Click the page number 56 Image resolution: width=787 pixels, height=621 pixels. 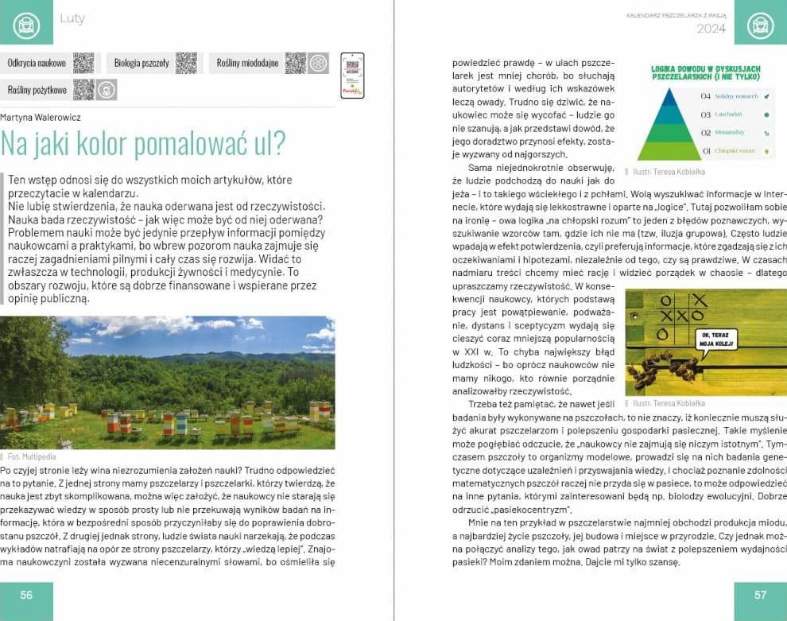(26, 595)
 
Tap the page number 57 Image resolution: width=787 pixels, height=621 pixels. (760, 595)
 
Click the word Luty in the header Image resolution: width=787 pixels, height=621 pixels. (72, 18)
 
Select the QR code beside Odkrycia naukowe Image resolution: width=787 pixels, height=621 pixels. (83, 63)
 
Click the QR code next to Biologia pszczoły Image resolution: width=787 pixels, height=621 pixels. (186, 63)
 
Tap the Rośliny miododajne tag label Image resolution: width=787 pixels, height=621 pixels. (247, 63)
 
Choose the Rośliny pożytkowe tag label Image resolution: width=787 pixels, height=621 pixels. (37, 90)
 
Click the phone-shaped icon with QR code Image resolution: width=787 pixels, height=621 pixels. (351, 75)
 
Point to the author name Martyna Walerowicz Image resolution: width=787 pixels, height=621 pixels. (41, 118)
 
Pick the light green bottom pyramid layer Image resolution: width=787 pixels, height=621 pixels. (669, 150)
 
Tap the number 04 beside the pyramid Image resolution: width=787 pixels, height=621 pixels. (705, 96)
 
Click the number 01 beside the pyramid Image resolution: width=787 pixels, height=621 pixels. (705, 150)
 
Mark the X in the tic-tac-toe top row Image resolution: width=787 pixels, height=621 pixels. (700, 300)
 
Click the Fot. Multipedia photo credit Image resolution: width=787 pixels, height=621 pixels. (32, 456)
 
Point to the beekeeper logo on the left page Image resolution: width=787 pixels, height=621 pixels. (26, 22)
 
